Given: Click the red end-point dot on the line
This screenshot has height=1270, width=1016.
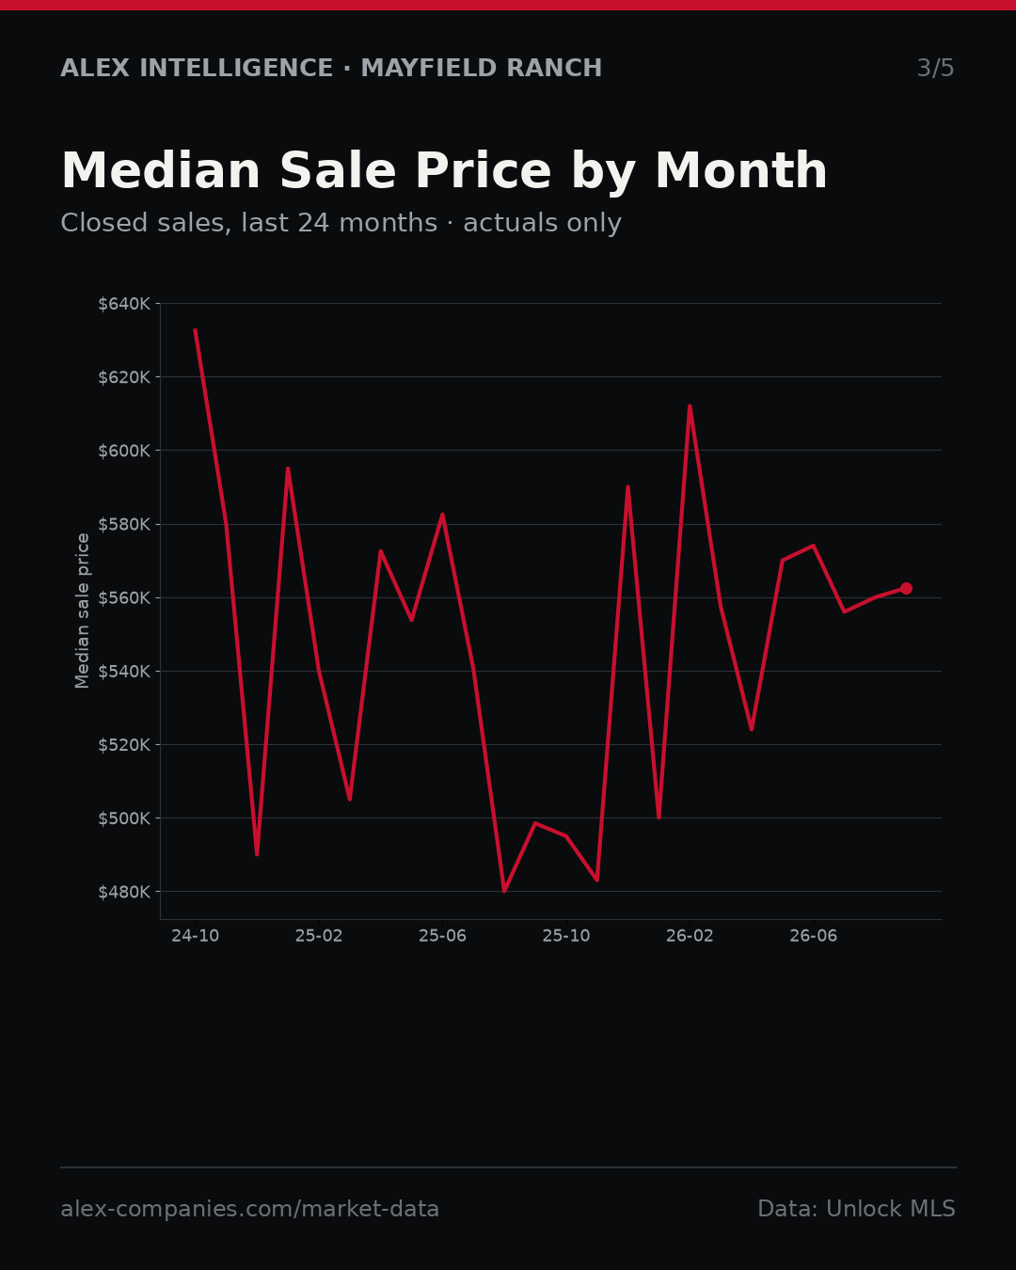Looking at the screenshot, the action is coord(906,588).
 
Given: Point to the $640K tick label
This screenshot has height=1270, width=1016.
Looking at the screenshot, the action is coord(124,304).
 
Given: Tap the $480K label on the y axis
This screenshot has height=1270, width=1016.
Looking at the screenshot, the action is coord(124,892).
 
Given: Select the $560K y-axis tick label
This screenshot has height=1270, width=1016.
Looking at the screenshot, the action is coord(124,597).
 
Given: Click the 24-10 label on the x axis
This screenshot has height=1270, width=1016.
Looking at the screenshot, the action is coord(196,936).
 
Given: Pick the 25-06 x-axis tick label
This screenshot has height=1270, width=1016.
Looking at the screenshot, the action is coord(443,936).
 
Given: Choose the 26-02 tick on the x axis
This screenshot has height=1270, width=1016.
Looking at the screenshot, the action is coord(690,936).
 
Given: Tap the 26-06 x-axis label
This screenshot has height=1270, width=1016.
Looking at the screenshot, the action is coord(814,936).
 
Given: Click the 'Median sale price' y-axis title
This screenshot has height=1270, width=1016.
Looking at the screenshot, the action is coord(82,611).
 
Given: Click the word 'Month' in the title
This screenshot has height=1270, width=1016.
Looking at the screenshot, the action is coord(741,170).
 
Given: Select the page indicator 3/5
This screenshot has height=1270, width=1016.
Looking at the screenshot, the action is coord(936,68).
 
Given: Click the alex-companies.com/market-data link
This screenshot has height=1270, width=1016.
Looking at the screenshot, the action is coord(249,1209).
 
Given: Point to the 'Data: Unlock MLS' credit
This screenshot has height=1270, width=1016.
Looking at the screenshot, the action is coord(857,1209).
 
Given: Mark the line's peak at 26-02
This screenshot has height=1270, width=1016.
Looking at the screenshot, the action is coord(690,406).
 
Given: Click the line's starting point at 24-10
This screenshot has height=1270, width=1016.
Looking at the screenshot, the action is coord(196,330).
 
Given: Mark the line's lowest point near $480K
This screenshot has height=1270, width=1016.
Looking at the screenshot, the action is coord(504,891).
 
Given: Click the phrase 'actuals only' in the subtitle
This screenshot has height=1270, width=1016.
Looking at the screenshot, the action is coord(542,223).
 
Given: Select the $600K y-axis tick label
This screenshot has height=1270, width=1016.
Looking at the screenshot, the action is coord(124,451).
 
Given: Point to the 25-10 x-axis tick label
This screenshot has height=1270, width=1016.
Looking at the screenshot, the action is coord(566,936).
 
